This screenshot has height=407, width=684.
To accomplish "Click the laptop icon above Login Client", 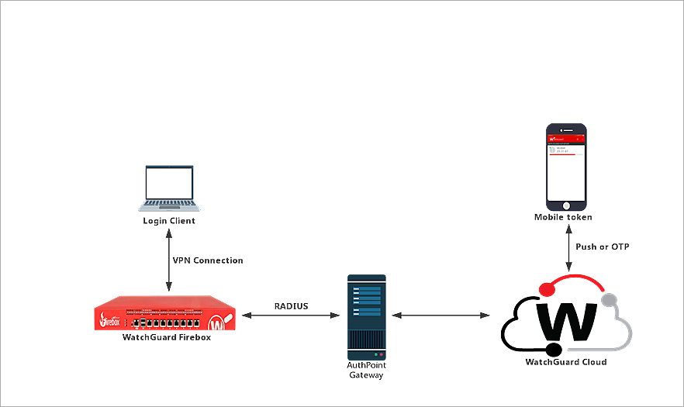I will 168,188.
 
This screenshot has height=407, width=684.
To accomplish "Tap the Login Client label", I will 169,221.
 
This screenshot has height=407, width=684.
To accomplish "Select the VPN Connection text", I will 208,260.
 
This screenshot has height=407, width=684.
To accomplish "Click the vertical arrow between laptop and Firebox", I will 169,260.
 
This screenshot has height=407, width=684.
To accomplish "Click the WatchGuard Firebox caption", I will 167,337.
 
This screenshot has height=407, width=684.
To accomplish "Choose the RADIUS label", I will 291,306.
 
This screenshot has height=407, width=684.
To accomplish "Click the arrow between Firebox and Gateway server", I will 291,316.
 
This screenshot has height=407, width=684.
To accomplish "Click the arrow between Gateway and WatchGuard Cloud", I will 441,316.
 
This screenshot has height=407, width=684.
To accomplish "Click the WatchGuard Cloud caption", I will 566,362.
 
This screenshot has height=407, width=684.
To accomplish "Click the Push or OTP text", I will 603,247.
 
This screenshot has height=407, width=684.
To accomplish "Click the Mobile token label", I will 564,218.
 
